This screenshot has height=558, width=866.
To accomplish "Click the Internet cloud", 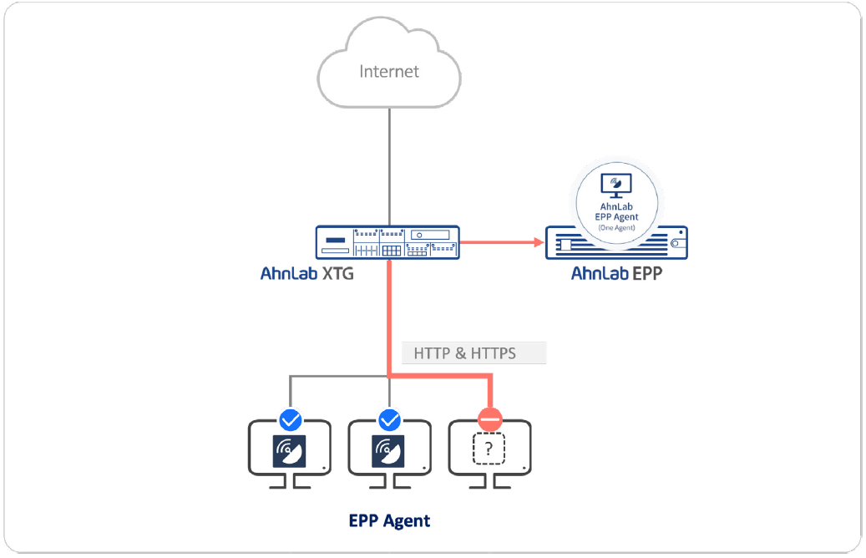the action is pyautogui.click(x=389, y=63).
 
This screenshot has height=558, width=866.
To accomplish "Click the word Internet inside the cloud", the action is pyautogui.click(x=389, y=71).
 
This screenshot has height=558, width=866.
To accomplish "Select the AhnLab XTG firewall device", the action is pyautogui.click(x=387, y=242).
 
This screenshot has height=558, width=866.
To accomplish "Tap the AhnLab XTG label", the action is pyautogui.click(x=307, y=273).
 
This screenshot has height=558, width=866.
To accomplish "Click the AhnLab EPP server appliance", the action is pyautogui.click(x=616, y=243).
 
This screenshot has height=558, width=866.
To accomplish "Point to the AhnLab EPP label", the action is pyautogui.click(x=616, y=273).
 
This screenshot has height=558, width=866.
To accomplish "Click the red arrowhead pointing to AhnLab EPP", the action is pyautogui.click(x=539, y=242).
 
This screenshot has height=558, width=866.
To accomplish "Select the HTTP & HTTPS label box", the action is pyautogui.click(x=474, y=353).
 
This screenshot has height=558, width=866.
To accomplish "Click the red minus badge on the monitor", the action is pyautogui.click(x=490, y=420).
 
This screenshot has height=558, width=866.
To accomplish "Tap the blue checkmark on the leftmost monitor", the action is pyautogui.click(x=291, y=420).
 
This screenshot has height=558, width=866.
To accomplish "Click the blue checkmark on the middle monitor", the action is pyautogui.click(x=389, y=420).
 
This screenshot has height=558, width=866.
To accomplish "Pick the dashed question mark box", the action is pyautogui.click(x=489, y=449).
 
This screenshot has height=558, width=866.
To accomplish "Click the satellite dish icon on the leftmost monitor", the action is pyautogui.click(x=290, y=451).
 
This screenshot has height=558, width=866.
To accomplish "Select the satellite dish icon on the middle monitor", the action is pyautogui.click(x=387, y=451).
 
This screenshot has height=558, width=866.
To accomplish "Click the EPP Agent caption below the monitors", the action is pyautogui.click(x=389, y=521).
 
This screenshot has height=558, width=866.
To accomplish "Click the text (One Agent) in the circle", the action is pyautogui.click(x=616, y=227).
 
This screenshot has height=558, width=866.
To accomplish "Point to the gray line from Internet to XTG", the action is pyautogui.click(x=389, y=166).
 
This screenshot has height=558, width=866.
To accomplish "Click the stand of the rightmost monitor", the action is pyautogui.click(x=489, y=483).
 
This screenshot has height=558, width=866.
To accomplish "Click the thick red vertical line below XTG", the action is pyautogui.click(x=389, y=317).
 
